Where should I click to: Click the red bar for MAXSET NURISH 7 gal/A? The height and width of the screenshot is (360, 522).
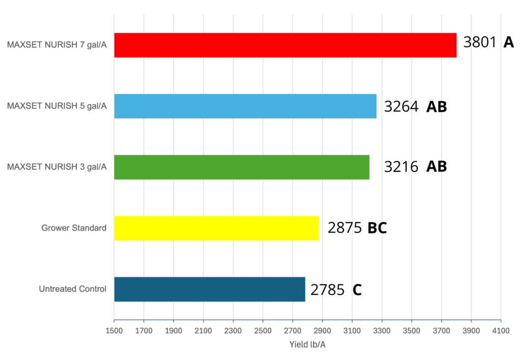click(285, 45)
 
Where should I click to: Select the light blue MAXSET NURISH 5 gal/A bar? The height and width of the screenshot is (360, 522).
click(245, 106)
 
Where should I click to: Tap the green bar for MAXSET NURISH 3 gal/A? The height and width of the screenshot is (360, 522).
click(242, 167)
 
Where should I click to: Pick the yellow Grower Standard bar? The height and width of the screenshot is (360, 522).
click(216, 228)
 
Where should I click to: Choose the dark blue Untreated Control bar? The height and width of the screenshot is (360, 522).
click(210, 290)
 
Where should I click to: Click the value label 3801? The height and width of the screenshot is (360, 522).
click(480, 42)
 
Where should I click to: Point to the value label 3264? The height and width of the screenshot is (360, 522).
click(401, 107)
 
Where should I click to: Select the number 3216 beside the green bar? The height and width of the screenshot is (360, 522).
click(401, 167)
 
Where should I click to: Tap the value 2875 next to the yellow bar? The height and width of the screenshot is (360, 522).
click(345, 228)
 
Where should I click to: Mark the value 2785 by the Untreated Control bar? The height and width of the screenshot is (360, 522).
click(327, 290)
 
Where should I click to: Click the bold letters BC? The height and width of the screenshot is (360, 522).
click(377, 228)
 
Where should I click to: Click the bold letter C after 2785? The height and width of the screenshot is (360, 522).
click(357, 290)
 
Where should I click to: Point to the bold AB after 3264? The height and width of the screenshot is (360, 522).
click(436, 107)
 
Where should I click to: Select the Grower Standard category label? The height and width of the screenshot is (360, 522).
click(74, 228)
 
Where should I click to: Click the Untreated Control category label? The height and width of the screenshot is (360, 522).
click(72, 289)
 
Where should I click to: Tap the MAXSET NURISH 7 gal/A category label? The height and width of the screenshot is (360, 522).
click(57, 45)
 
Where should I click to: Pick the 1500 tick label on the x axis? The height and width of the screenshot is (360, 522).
click(114, 331)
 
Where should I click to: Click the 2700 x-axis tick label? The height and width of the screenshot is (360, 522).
click(293, 331)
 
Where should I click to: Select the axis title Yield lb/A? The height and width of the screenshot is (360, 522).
click(307, 345)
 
